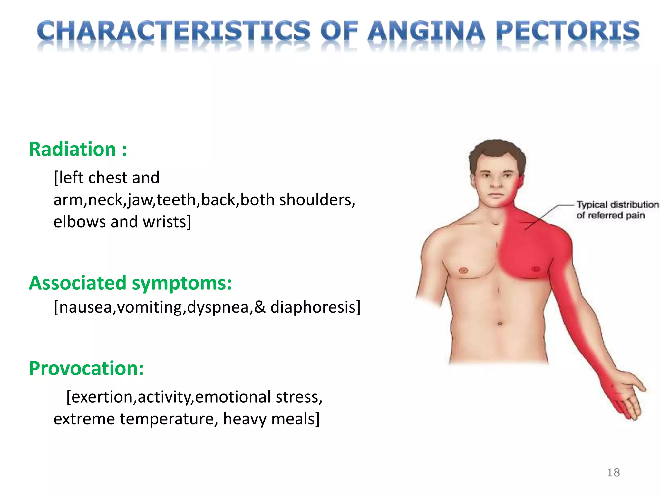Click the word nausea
pyautogui.click(x=85, y=307)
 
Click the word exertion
pyautogui.click(x=101, y=397)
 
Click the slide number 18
pyautogui.click(x=613, y=472)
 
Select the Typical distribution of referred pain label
pyautogui.click(x=617, y=210)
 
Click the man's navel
pyautogui.click(x=500, y=323)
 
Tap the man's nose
pyautogui.click(x=496, y=182)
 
